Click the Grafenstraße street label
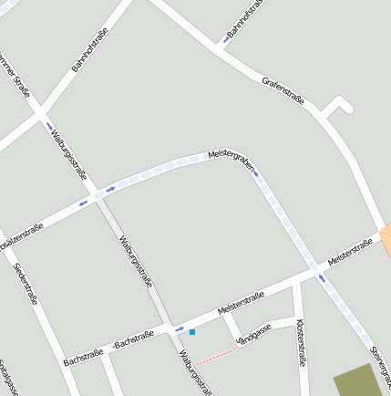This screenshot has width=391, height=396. point(283,91)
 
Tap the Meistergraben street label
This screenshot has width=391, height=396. point(229,158)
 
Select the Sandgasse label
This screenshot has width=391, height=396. point(254,335)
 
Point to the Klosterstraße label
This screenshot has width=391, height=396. point(301,342)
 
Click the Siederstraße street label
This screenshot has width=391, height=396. point(26,283)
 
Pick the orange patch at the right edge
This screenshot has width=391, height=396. point(386,239)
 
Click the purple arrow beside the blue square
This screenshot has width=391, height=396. point(179,328)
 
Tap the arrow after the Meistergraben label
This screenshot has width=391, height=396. point(256,172)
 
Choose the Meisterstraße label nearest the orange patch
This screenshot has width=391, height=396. point(351,252)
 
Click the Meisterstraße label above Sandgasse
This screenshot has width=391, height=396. point(241,305)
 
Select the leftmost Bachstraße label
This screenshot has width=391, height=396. point(82,356)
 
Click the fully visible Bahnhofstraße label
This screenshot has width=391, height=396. point(89,49)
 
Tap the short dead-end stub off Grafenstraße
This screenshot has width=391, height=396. point(339,107)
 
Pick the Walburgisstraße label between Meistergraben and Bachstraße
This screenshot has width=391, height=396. point(135,260)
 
